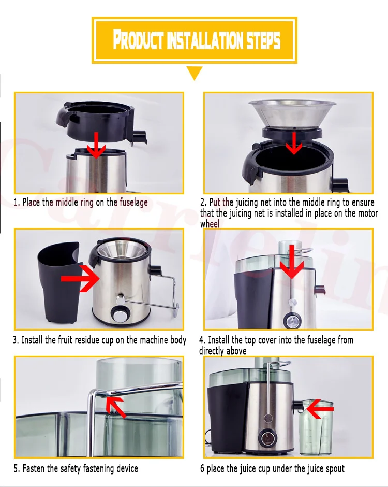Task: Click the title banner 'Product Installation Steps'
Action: pyautogui.click(x=195, y=40)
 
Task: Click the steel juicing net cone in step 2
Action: pyautogui.click(x=292, y=114)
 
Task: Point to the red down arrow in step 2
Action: pyautogui.click(x=294, y=143)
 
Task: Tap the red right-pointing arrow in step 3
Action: pyautogui.click(x=80, y=278)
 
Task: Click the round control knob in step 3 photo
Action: pyautogui.click(x=119, y=314)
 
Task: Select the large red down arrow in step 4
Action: pyautogui.click(x=292, y=262)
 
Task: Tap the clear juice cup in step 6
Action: pyautogui.click(x=316, y=427)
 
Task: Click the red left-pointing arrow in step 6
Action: pyautogui.click(x=320, y=409)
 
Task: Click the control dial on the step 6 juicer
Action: pyautogui.click(x=267, y=438)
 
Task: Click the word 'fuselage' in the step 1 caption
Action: pyautogui.click(x=133, y=203)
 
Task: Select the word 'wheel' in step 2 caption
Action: pyautogui.click(x=210, y=224)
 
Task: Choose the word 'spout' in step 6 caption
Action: pyautogui.click(x=335, y=469)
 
